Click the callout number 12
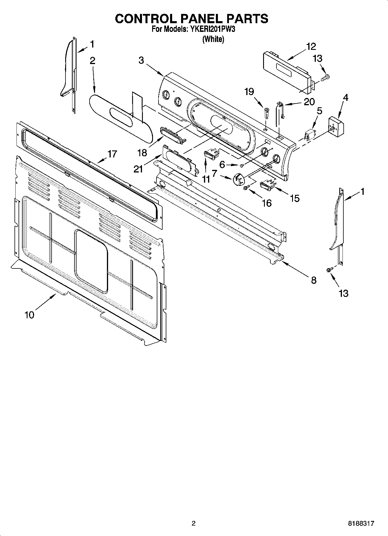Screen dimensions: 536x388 pyautogui.click(x=311, y=46)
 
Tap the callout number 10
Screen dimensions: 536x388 pyautogui.click(x=29, y=315)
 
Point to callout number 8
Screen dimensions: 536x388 pyautogui.click(x=314, y=280)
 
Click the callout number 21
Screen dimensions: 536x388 pyautogui.click(x=138, y=168)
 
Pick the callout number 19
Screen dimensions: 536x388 pyautogui.click(x=249, y=92)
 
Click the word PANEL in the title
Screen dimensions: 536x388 pyautogui.click(x=199, y=19)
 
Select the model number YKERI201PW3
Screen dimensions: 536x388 pyautogui.click(x=212, y=29)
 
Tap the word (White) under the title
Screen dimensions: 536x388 pyautogui.click(x=213, y=39)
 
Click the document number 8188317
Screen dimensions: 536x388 pyautogui.click(x=361, y=524)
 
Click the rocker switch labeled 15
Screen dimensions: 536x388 pyautogui.click(x=267, y=185)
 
